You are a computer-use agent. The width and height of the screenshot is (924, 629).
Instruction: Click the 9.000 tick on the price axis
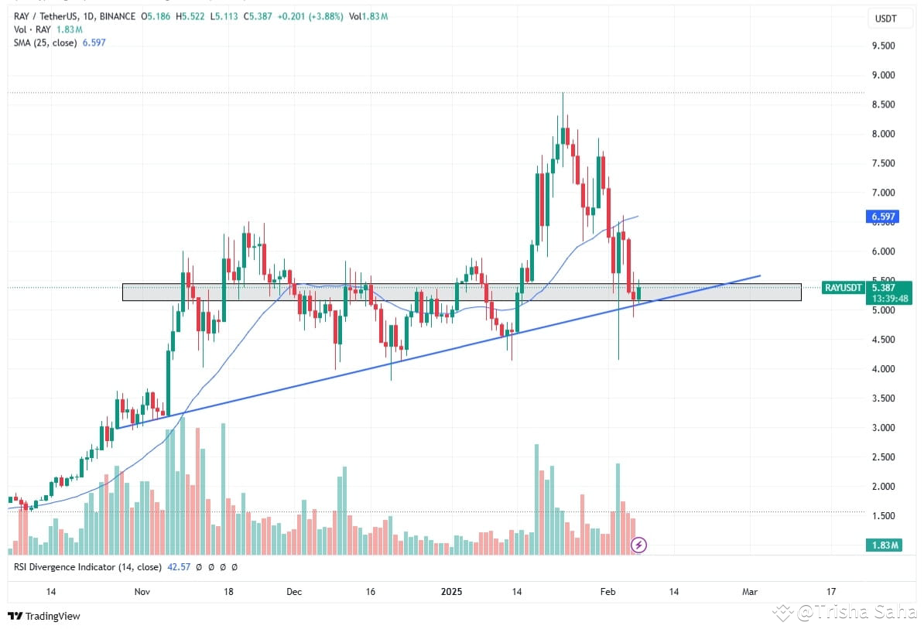882,75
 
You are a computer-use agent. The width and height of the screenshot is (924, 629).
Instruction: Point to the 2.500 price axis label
882,457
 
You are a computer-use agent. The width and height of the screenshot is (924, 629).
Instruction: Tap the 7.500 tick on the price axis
882,163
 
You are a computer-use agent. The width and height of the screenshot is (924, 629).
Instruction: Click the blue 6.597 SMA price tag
883,217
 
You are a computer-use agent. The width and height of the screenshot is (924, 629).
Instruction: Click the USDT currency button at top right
885,19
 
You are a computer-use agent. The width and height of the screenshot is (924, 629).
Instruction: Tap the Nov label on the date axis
142,592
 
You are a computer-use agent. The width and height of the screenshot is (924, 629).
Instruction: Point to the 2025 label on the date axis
451,592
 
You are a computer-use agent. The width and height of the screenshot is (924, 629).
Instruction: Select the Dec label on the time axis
294,592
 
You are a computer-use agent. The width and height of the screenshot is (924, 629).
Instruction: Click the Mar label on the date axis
749,592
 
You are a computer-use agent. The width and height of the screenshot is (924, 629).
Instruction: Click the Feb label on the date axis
608,592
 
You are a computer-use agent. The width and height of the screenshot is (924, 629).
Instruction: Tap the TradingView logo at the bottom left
44,617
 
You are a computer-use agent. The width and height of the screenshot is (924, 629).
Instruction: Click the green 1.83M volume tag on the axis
883,545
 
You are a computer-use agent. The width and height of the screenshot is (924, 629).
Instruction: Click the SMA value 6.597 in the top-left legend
93,43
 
